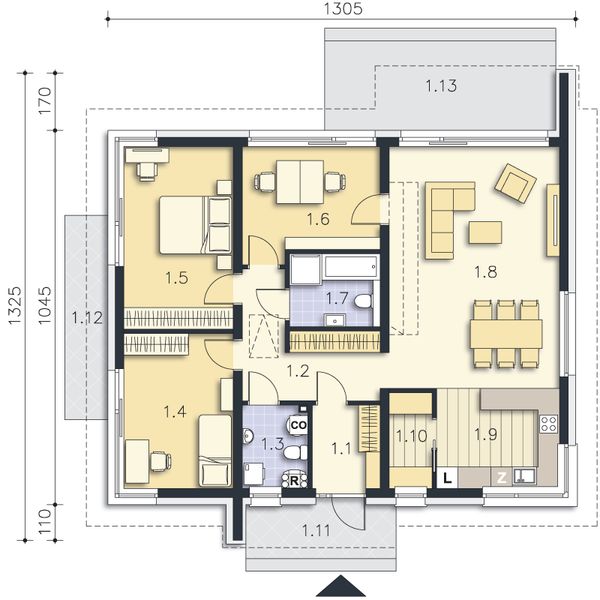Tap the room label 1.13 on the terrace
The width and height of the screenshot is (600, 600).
(x=441, y=86)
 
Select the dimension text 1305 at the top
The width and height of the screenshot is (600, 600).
(x=342, y=9)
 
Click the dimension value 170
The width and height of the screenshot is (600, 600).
(x=43, y=103)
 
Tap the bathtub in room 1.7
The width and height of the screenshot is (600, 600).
(x=333, y=266)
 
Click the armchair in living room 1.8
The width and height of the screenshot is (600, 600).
(x=515, y=182)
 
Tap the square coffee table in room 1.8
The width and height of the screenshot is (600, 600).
(x=485, y=232)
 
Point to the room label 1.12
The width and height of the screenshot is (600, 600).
(x=88, y=318)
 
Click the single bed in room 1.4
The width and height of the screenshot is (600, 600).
(x=214, y=450)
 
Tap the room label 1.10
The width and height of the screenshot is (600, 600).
(x=410, y=435)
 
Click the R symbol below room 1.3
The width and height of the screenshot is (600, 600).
(x=295, y=479)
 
